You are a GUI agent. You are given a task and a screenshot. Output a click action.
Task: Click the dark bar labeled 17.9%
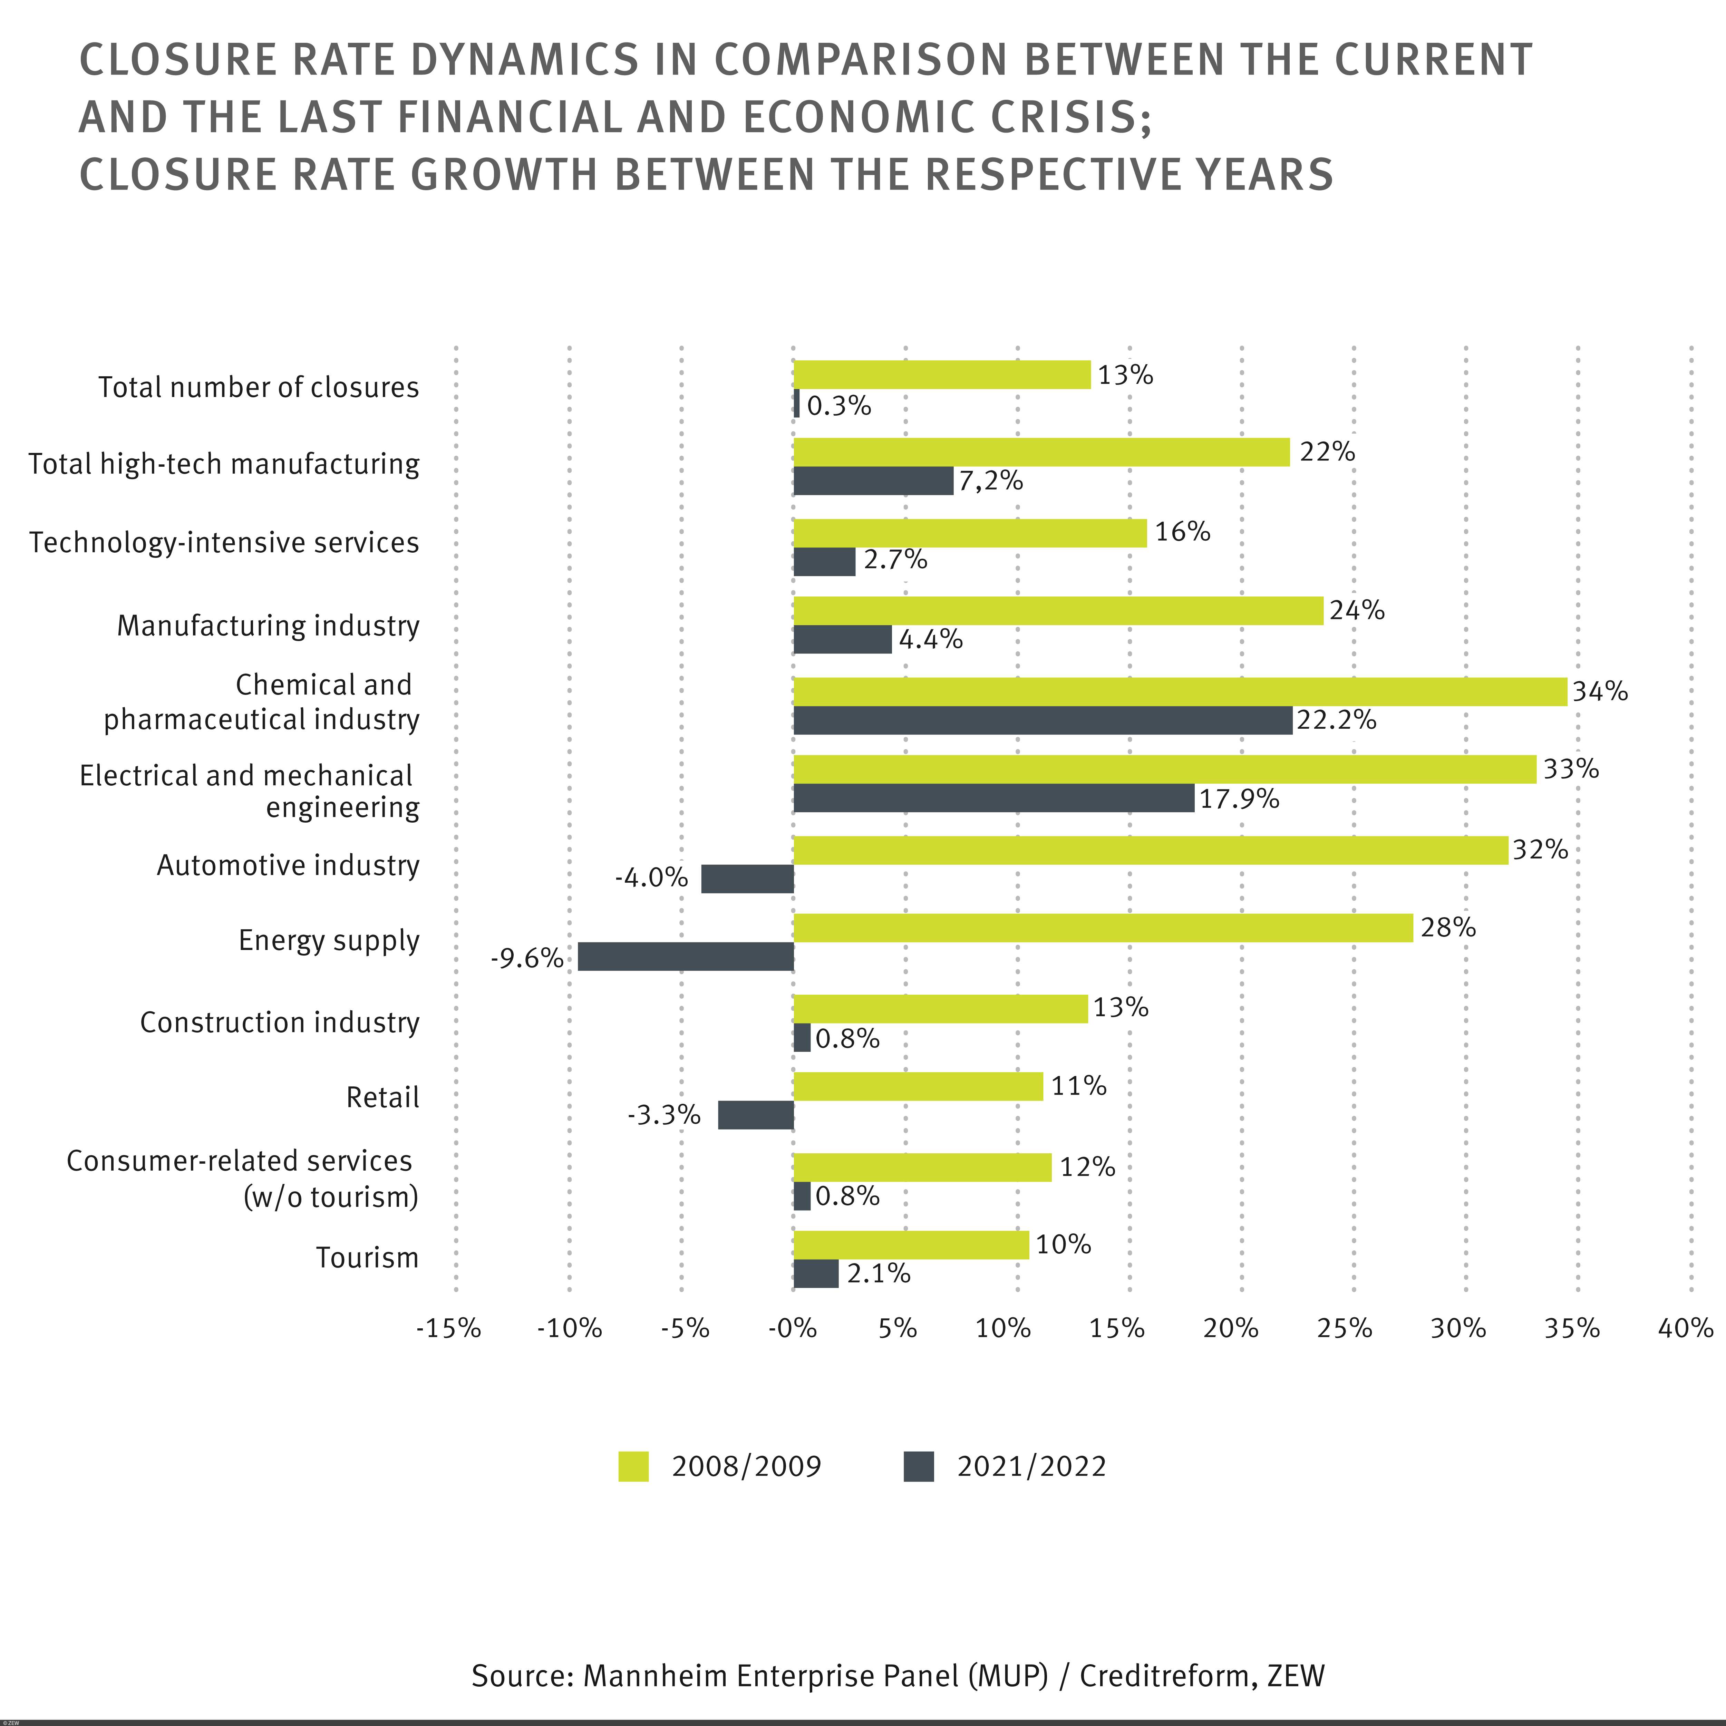coord(993,798)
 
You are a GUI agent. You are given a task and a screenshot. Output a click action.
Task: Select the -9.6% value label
coord(526,959)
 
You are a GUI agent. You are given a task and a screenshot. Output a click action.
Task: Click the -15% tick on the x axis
coord(448,1328)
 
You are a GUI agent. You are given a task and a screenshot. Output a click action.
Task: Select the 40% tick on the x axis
coord(1685,1328)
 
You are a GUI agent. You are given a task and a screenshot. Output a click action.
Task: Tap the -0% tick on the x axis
coord(792,1328)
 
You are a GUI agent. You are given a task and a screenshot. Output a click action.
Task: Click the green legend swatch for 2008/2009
coord(633,1467)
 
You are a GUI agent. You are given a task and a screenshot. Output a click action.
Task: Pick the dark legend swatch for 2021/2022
coord(918,1467)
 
